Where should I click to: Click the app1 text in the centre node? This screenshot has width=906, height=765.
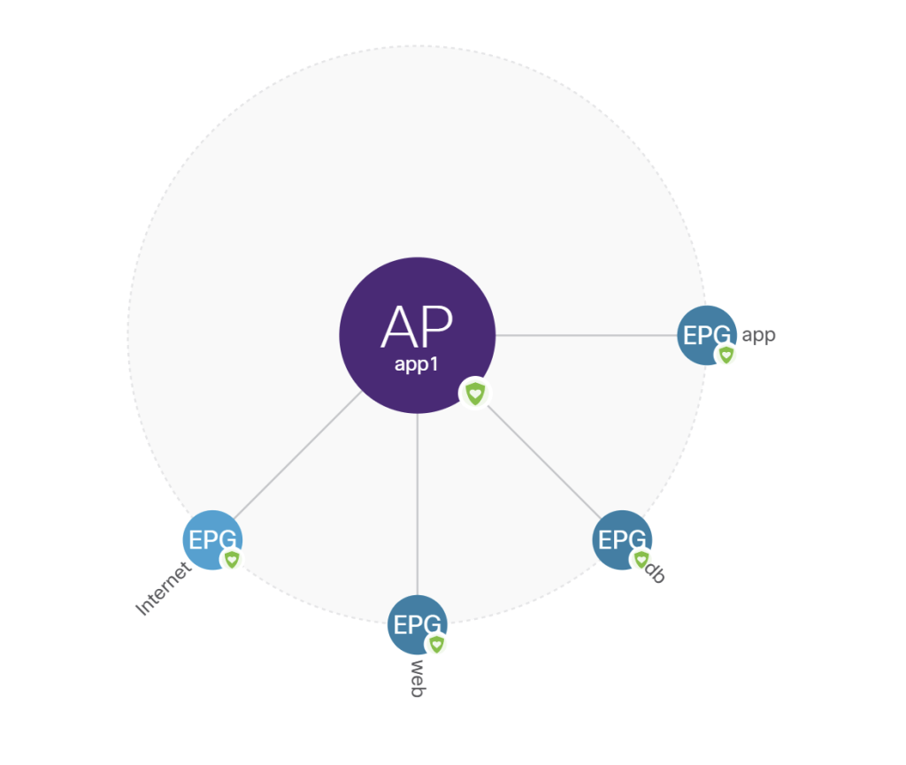pos(417,363)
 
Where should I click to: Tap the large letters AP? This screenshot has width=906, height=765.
pos(417,327)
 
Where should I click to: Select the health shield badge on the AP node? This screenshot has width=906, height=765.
pos(475,393)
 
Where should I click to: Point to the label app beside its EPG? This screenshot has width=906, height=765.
pos(758,335)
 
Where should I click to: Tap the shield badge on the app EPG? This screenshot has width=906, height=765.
pos(726,355)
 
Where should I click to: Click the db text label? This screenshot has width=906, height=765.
pos(655,572)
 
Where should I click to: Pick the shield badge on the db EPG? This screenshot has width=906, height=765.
pos(641,559)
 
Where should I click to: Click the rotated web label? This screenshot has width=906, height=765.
pos(417,678)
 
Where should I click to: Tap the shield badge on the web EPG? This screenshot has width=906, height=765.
pos(435,644)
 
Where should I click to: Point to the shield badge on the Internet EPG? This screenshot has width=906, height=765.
pos(232,559)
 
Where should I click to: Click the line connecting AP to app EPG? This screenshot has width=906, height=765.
pos(584,335)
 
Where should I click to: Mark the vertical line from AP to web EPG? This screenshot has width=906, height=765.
pos(417,504)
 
